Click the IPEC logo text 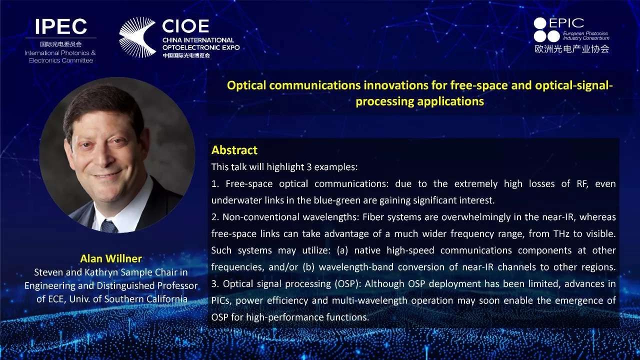click(x=61, y=26)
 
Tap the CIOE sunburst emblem click(x=137, y=37)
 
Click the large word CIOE click(x=185, y=26)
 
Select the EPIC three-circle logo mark click(x=546, y=29)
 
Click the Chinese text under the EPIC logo click(x=572, y=49)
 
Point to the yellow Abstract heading click(x=234, y=150)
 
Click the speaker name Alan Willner click(x=111, y=258)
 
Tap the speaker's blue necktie click(x=108, y=226)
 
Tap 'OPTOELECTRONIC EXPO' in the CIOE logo click(x=201, y=47)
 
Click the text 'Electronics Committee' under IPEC click(x=61, y=60)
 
